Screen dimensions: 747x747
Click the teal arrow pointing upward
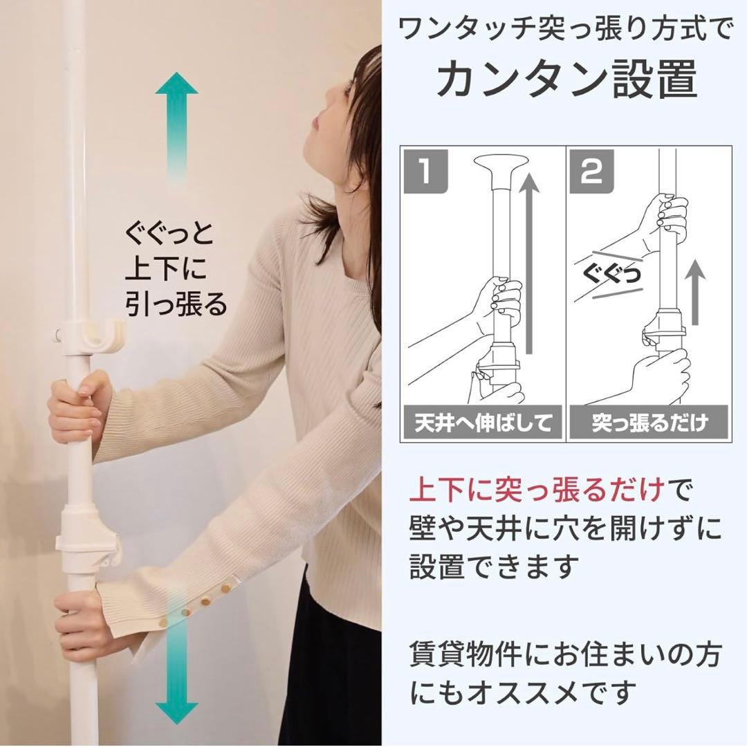[176, 127]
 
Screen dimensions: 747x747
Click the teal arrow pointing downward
[176, 667]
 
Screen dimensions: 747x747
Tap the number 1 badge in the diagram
[426, 172]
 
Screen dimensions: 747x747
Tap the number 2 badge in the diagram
[591, 172]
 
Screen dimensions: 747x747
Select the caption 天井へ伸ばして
[483, 423]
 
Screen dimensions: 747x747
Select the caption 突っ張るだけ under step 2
[649, 423]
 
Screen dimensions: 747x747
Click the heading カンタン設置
[566, 80]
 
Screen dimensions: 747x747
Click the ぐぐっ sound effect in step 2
[611, 275]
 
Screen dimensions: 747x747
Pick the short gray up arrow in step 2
[696, 292]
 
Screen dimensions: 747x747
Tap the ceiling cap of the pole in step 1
[500, 172]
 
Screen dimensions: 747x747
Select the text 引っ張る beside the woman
[176, 304]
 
